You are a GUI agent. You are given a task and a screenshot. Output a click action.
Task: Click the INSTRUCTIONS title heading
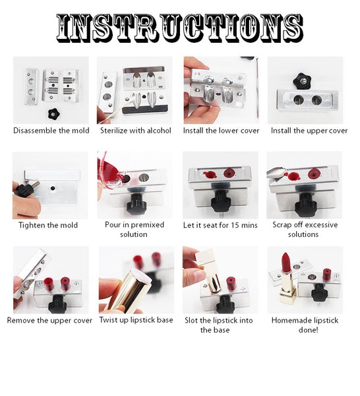click(179, 28)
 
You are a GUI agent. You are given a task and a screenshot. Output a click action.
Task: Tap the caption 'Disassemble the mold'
click(51, 131)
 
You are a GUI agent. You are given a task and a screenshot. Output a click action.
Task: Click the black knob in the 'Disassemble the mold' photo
click(53, 114)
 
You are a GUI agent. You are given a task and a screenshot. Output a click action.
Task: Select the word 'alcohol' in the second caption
click(159, 131)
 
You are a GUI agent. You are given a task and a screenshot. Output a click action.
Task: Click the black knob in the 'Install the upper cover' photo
click(302, 81)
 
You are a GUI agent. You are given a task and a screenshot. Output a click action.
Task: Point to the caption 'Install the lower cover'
click(222, 131)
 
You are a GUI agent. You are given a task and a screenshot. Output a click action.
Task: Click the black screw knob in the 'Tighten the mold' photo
click(24, 189)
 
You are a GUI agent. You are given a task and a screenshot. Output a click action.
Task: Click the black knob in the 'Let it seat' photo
click(222, 201)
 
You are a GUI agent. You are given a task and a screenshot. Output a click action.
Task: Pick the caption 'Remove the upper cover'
click(49, 321)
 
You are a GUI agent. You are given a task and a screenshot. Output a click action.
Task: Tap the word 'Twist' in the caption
click(109, 320)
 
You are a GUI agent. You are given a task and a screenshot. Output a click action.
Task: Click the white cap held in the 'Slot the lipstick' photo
click(206, 258)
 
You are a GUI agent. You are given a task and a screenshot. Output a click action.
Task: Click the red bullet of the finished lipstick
click(286, 263)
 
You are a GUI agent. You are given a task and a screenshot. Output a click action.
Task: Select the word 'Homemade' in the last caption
click(289, 321)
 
